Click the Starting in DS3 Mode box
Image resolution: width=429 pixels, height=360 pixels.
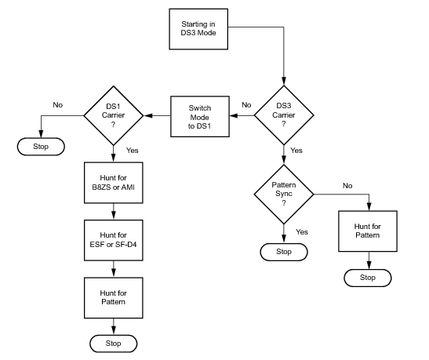[x=198, y=29]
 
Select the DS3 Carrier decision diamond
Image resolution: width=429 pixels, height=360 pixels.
[x=284, y=115]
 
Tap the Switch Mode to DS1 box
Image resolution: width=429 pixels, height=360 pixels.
[x=200, y=117]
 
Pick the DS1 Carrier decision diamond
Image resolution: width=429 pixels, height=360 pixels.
[x=113, y=115]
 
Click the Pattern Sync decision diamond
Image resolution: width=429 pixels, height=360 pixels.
[x=284, y=195]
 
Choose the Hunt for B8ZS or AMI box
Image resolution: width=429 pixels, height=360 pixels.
[x=114, y=183]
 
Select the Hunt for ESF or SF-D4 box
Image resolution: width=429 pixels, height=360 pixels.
[x=114, y=240]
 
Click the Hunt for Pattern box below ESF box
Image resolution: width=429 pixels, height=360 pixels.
[x=114, y=298]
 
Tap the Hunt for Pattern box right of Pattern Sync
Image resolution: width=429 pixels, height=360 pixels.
[x=368, y=231]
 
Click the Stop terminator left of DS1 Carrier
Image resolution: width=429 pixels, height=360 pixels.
[x=41, y=147]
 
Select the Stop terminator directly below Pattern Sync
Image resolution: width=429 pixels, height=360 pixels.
[x=284, y=252]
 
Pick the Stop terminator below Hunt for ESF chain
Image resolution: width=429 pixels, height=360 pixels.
[x=113, y=344]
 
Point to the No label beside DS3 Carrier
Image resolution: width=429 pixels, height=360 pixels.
[x=246, y=105]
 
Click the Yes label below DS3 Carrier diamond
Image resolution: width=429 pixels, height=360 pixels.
[x=296, y=151]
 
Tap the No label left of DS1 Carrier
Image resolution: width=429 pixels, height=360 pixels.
[x=58, y=105]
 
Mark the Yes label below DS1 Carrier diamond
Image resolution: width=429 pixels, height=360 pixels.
[x=132, y=151]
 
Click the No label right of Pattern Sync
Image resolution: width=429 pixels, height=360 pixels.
[x=347, y=186]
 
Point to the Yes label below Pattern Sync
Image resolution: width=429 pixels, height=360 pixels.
[x=302, y=232]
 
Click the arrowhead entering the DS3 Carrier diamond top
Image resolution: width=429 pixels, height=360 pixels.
[x=284, y=82]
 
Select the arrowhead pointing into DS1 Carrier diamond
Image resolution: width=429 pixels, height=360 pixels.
[x=147, y=116]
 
